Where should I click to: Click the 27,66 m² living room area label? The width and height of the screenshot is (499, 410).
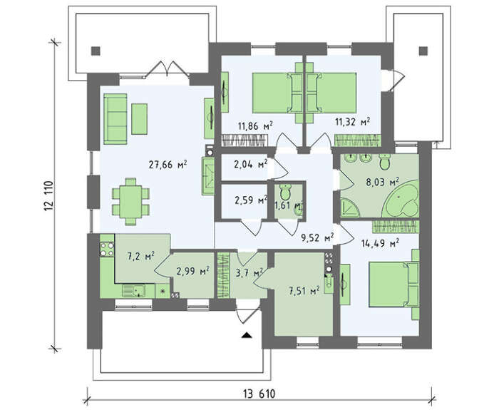pyautogui.click(x=168, y=165)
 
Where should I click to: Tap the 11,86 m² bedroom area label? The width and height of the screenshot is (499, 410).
pyautogui.click(x=255, y=125)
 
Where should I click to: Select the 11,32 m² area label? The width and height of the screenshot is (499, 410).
pyautogui.click(x=353, y=121)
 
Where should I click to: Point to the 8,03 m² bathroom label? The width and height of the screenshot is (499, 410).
pyautogui.click(x=382, y=183)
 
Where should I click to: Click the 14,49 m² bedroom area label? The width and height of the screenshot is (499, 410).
pyautogui.click(x=380, y=244)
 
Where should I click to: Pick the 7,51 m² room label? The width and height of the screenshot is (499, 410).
pyautogui.click(x=304, y=290)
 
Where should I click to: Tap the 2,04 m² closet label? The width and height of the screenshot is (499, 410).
pyautogui.click(x=251, y=164)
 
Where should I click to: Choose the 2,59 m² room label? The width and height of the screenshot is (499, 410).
pyautogui.click(x=251, y=200)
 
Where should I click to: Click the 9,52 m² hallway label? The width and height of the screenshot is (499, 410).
pyautogui.click(x=317, y=237)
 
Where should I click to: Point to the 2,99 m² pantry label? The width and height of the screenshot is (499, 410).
pyautogui.click(x=193, y=272)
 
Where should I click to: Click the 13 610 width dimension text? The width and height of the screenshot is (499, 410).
pyautogui.click(x=259, y=394)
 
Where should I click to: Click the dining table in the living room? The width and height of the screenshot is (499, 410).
pyautogui.click(x=130, y=202)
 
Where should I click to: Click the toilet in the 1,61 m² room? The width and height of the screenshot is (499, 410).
pyautogui.click(x=285, y=192)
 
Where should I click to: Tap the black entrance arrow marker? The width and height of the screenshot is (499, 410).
pyautogui.click(x=247, y=334)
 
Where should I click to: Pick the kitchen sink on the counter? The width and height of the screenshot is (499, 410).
pyautogui.click(x=134, y=291)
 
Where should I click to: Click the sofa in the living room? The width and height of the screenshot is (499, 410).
pyautogui.click(x=115, y=119)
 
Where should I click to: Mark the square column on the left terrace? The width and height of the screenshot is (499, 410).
pyautogui.click(x=96, y=51)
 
